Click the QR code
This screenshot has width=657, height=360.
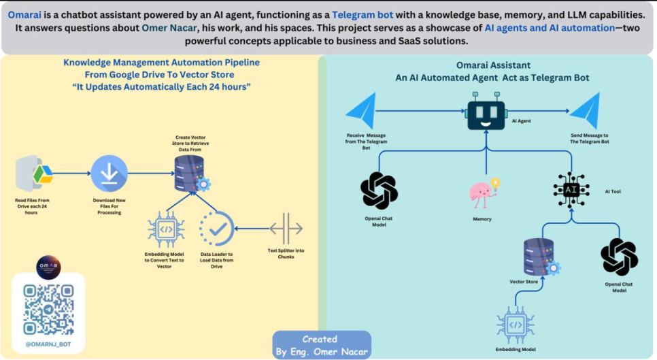tap(48, 309)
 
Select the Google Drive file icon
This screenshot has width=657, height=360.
tap(35, 174)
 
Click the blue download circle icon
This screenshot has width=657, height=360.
tap(109, 174)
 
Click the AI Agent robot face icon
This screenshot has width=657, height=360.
tap(486, 114)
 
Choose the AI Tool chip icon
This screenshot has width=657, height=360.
tap(571, 189)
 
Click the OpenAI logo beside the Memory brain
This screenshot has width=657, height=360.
tap(379, 191)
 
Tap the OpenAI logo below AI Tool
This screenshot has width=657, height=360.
tap(619, 257)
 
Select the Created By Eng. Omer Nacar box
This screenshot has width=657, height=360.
tap(322, 345)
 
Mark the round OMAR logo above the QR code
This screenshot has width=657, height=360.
tap(48, 266)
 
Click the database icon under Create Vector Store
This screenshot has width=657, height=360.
tap(190, 172)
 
